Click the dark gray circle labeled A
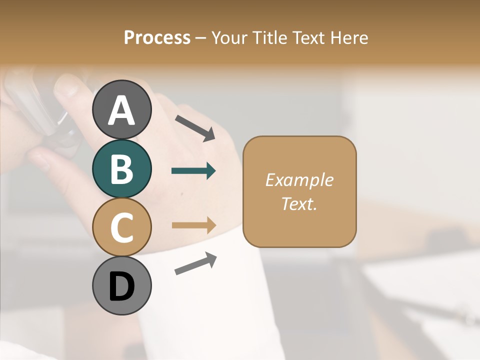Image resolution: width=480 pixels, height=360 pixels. [122, 109]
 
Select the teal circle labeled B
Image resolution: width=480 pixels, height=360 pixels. [122, 168]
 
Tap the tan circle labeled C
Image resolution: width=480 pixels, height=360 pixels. [122, 227]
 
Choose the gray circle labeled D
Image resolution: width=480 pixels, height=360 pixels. [122, 286]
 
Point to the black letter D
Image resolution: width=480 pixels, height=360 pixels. [122, 286]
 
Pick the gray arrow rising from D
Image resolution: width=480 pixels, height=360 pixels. [195, 263]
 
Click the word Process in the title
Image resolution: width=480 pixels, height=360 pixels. [157, 37]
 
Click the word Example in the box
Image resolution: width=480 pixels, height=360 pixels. [299, 180]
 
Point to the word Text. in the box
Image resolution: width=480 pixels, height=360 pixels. [299, 203]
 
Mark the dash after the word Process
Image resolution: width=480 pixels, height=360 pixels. [200, 38]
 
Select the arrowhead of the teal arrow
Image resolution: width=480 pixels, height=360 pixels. [211, 171]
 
